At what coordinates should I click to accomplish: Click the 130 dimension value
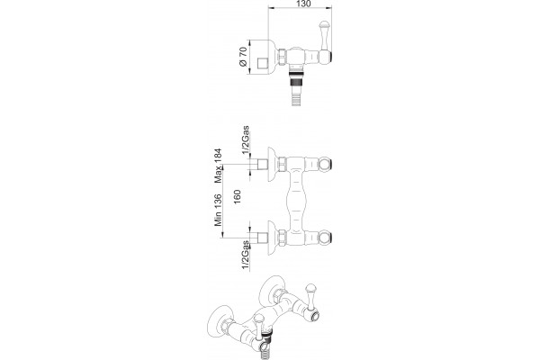tap(302, 4)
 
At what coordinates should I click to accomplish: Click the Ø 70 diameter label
tap(243, 57)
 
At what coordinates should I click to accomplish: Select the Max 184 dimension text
tap(219, 166)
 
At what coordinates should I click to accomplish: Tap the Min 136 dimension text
tap(219, 210)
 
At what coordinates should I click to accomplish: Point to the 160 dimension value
tap(238, 196)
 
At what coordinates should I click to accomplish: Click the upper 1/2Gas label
tap(245, 140)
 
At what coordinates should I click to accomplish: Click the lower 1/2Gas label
tap(245, 255)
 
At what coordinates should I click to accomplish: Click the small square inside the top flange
tap(263, 63)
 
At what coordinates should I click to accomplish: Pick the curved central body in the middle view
tap(296, 202)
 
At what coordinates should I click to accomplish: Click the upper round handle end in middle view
tap(325, 164)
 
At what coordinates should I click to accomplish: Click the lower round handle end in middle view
tap(325, 238)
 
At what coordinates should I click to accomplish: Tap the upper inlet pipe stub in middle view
tap(263, 164)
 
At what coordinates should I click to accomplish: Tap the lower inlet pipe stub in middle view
tap(263, 238)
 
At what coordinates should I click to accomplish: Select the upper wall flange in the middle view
tap(273, 164)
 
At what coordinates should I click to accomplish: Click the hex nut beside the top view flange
tap(283, 57)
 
